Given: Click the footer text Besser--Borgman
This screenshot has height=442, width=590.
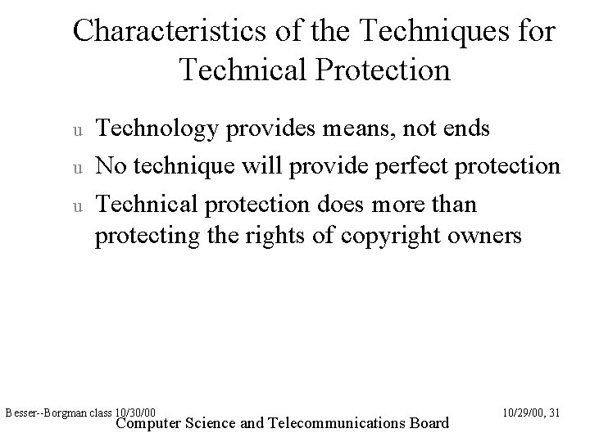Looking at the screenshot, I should pyautogui.click(x=39, y=413).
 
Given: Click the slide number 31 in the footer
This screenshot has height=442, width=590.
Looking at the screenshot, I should pyautogui.click(x=554, y=413).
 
